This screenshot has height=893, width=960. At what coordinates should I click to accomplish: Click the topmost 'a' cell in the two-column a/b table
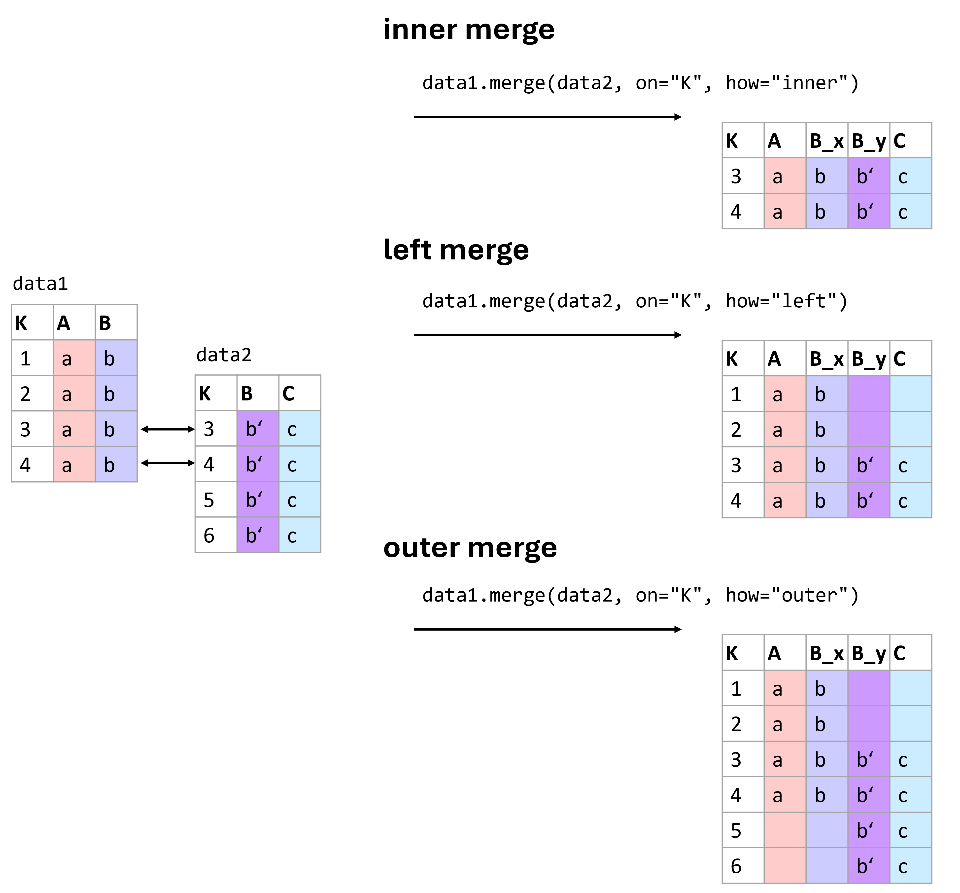[74, 358]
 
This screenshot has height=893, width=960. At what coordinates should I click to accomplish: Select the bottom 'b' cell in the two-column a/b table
[116, 464]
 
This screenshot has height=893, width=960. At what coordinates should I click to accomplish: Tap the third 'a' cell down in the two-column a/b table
[74, 429]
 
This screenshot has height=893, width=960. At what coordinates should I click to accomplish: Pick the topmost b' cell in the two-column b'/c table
[257, 429]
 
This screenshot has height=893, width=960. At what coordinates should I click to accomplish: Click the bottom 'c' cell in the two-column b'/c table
[299, 535]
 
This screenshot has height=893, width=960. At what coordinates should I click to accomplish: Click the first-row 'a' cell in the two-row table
[785, 176]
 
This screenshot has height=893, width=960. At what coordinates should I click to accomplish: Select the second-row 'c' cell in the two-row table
[910, 211]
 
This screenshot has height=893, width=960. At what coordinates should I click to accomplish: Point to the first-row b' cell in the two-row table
[868, 176]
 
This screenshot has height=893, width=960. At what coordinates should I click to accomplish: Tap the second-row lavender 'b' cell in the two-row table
[826, 211]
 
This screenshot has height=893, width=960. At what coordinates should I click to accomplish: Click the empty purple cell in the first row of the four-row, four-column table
[868, 393]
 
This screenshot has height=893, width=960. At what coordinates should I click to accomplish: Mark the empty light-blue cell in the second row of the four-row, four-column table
[910, 429]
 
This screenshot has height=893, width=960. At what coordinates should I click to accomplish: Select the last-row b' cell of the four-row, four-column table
[868, 500]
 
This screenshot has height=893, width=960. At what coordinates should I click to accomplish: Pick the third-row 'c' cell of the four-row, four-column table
[910, 464]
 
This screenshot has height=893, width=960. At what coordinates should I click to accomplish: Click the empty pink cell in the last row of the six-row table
[785, 865]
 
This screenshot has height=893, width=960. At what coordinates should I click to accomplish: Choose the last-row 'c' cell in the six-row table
[910, 865]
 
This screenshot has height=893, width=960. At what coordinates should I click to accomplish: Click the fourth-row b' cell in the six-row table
[868, 794]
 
